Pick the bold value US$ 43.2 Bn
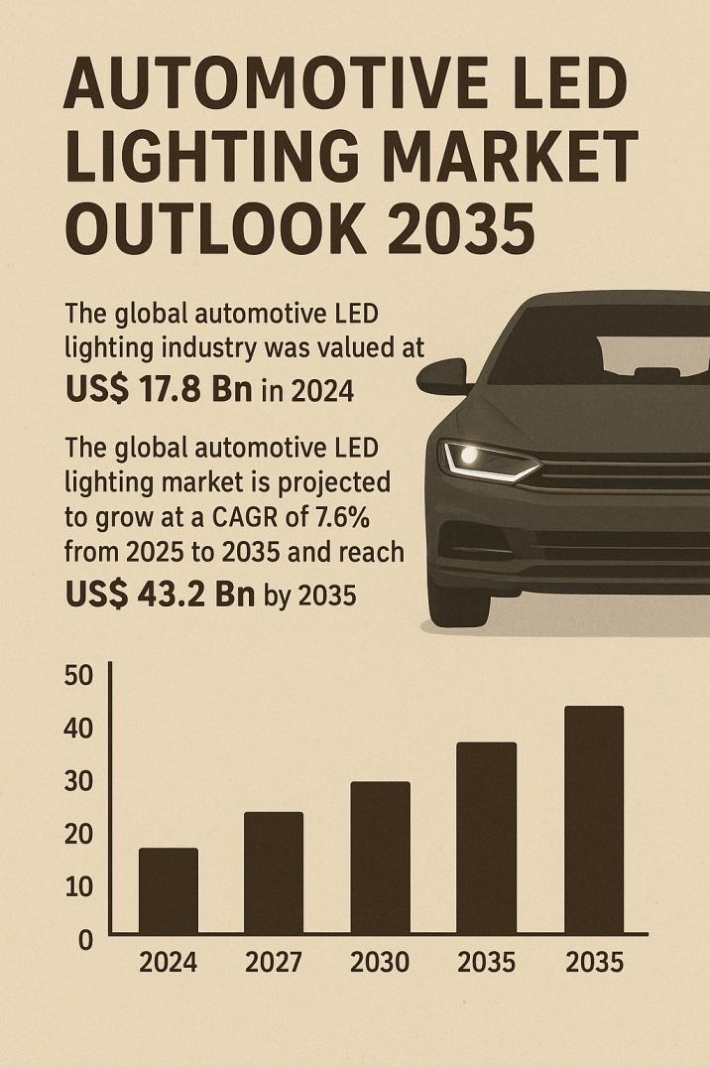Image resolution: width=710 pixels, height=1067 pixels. tap(160, 593)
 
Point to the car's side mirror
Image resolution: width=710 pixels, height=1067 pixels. tap(442, 375)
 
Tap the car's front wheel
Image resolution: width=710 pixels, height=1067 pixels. tap(457, 596)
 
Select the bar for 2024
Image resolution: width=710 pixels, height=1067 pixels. tap(168, 890)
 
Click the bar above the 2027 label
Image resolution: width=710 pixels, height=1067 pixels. tap(274, 872)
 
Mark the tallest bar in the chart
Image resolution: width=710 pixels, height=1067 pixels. tap(593, 819)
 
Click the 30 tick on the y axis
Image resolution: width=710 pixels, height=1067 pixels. tap(78, 781)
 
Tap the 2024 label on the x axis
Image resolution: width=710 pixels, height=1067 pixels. tap(168, 962)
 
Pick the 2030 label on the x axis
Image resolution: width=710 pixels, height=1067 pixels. tap(380, 962)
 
